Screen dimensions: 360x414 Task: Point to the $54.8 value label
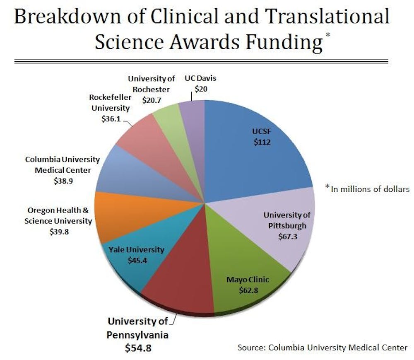pos(138,348)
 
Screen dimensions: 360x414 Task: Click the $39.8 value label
pos(59,232)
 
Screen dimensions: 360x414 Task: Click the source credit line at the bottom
pos(322,347)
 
